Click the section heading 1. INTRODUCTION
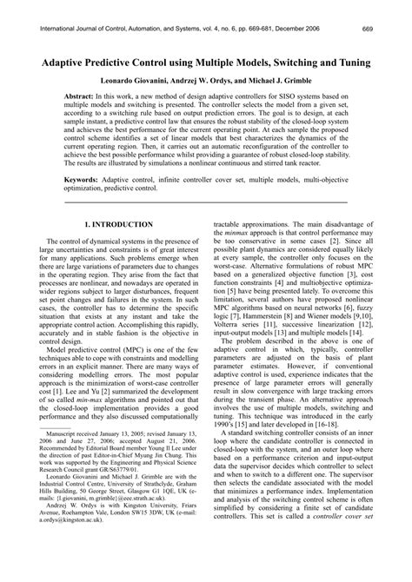(x=117, y=224)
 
